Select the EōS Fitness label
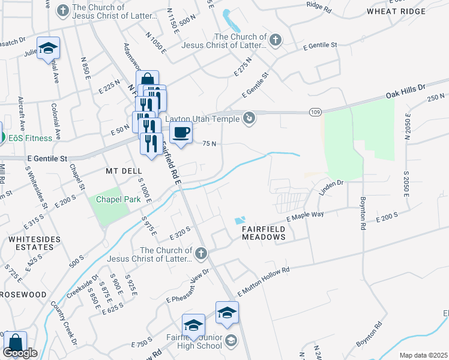pos(25,138)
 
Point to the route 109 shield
pos(315,112)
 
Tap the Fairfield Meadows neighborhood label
pos(263,233)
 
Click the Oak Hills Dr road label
pos(405,95)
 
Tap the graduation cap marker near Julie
pos(48,48)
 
